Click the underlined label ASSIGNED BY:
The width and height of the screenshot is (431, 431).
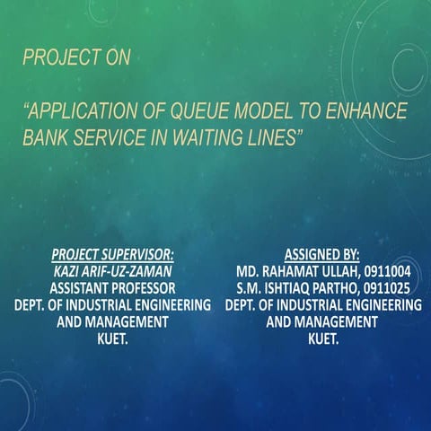tap(321, 254)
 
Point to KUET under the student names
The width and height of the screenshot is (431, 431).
tap(321, 339)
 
